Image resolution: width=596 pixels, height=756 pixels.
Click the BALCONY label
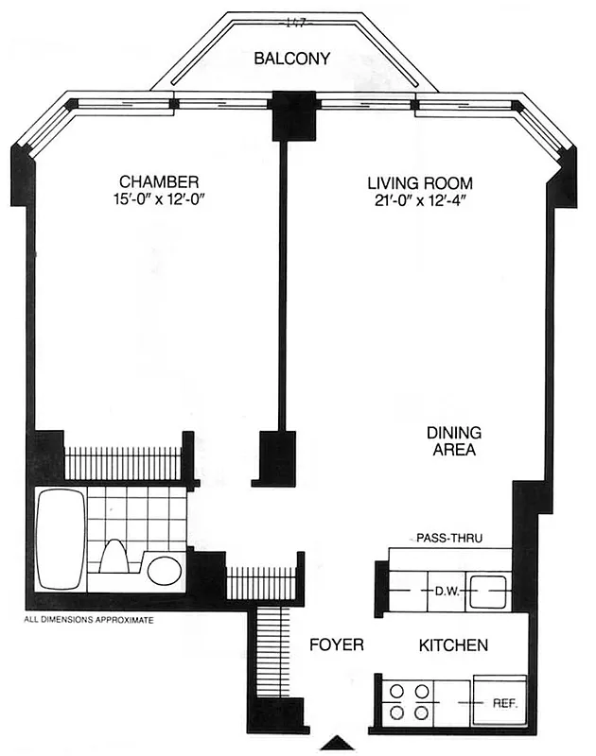[291, 59]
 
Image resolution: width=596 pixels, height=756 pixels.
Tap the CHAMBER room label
[158, 180]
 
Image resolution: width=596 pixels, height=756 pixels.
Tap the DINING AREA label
[453, 441]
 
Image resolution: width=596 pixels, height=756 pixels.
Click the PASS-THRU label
[449, 538]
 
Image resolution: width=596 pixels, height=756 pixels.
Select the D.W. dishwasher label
[446, 592]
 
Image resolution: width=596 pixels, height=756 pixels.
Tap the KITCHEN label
[453, 646]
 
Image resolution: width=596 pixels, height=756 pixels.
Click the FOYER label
[337, 646]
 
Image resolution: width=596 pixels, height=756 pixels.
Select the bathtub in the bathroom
[59, 539]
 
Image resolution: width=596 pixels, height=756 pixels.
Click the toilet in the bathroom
[114, 558]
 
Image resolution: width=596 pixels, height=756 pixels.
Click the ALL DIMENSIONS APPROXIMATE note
[87, 621]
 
